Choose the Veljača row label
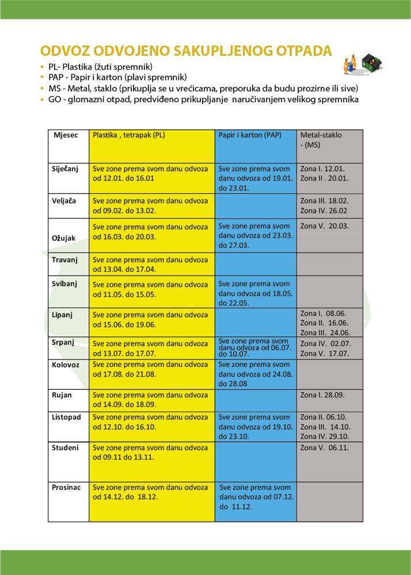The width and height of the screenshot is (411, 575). [x=64, y=201]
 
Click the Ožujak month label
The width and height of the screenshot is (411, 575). [x=64, y=237]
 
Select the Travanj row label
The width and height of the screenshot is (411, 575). [x=65, y=259]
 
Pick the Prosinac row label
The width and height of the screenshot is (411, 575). [x=66, y=486]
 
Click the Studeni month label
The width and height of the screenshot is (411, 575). [x=66, y=447]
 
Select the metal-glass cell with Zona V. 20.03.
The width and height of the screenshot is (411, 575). [x=325, y=226]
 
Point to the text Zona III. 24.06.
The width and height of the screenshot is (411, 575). [x=326, y=332]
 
